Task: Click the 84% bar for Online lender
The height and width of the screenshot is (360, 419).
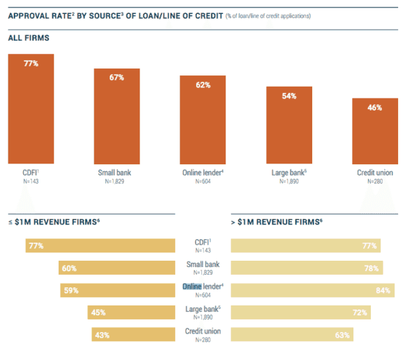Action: (312, 290)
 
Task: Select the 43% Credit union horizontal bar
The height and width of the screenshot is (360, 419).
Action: (133, 335)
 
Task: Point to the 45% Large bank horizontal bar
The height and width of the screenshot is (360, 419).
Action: (131, 312)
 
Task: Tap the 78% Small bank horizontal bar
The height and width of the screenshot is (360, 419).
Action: (307, 268)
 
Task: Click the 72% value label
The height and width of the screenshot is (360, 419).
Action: (360, 312)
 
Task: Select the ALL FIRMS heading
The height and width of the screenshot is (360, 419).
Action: (29, 37)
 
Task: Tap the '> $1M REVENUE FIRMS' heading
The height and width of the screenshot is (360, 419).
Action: (277, 222)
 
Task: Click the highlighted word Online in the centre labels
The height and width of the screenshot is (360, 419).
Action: (192, 286)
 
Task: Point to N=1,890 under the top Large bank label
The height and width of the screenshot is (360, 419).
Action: (288, 182)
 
